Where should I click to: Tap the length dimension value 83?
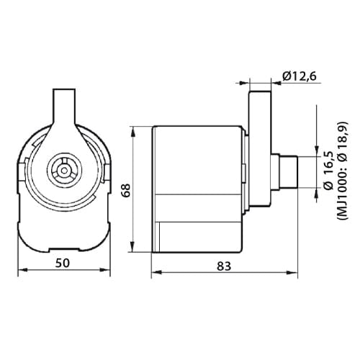pyautogui.click(x=224, y=266)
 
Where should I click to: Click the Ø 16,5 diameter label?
pyautogui.click(x=328, y=171)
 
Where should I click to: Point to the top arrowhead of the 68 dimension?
pyautogui.click(x=133, y=130)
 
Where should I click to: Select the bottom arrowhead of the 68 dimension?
pyautogui.click(x=133, y=252)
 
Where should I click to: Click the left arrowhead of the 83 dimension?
pyautogui.click(x=156, y=273)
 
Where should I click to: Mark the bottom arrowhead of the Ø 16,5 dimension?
pyautogui.click(x=316, y=193)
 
